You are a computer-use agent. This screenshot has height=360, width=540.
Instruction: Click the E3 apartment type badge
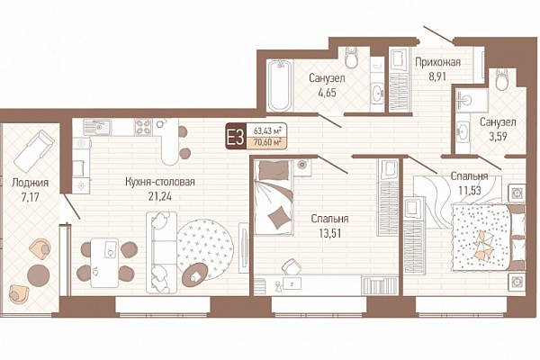pyautogui.click(x=236, y=137)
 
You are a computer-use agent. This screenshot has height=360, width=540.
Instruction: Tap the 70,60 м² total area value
pyautogui.click(x=267, y=142)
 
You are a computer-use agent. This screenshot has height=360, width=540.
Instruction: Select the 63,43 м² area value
pyautogui.click(x=267, y=130)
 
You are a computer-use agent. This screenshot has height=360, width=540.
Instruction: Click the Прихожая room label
pyautogui.click(x=437, y=62)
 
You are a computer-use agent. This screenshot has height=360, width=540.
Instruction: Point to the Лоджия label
pyautogui.click(x=31, y=183)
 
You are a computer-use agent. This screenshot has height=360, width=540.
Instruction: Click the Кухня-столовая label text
pyautogui.click(x=160, y=182)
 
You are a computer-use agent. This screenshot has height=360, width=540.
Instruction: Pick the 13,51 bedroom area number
pyautogui.click(x=329, y=233)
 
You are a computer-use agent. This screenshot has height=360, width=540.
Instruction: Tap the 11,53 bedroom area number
pyautogui.click(x=470, y=190)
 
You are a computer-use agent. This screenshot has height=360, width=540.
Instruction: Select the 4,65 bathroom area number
pyautogui.click(x=327, y=93)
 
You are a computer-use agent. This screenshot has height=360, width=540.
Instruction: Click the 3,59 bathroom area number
pyautogui.click(x=498, y=137)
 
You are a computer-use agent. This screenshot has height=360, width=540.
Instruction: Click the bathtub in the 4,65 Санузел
pyautogui.click(x=279, y=85)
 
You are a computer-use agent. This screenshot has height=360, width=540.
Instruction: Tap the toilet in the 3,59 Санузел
pyautogui.click(x=502, y=79)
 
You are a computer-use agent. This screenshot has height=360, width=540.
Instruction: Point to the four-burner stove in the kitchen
pyautogui.click(x=143, y=126)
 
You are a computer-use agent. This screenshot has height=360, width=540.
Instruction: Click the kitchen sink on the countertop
pyautogui.click(x=97, y=127)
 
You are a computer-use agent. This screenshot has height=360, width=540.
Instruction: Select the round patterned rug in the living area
pyautogui.click(x=205, y=250)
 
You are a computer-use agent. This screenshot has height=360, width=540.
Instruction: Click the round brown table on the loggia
pyautogui.click(x=38, y=275)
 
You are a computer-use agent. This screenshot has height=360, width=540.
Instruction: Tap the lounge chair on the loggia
pyautogui.click(x=34, y=151)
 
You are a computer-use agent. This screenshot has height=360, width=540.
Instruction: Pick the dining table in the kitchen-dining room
pyautogui.click(x=104, y=262)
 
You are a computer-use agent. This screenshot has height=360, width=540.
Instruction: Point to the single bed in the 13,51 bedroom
pyautogui.click(x=274, y=197)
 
